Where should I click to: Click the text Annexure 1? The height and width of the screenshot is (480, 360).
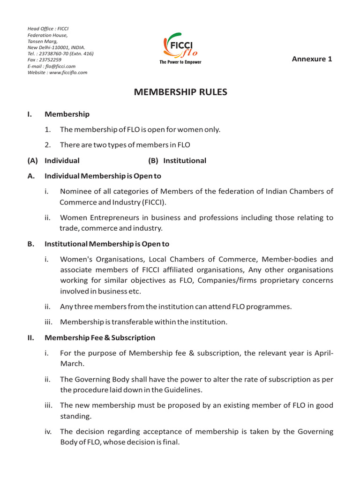click(312, 59)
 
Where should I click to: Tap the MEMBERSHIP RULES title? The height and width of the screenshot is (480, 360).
click(180, 92)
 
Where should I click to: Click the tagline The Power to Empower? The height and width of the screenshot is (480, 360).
click(180, 62)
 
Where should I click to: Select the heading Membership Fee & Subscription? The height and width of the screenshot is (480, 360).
click(99, 337)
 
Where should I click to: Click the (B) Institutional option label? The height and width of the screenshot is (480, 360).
click(177, 160)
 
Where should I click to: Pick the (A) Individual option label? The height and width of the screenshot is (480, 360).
click(53, 160)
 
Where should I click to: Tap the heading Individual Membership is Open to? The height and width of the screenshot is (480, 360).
click(103, 176)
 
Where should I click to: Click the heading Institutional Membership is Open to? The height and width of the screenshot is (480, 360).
click(107, 244)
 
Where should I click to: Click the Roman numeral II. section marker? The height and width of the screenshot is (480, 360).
click(30, 337)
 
